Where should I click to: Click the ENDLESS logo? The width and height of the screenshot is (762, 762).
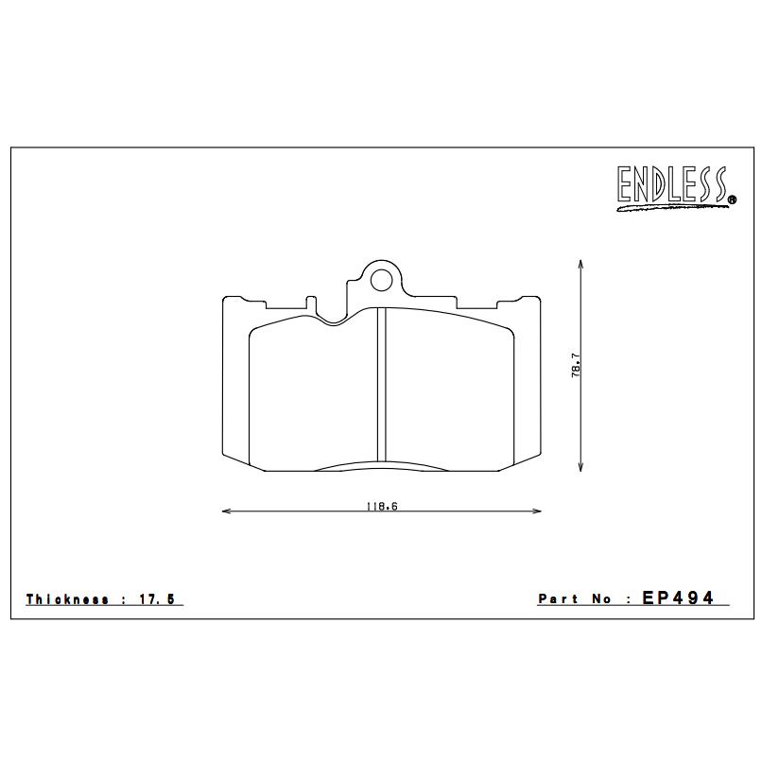point(674,187)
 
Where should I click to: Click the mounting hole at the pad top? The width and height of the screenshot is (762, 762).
point(380,280)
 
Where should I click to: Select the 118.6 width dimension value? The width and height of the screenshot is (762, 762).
point(381,506)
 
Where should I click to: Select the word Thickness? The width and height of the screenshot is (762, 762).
point(67,599)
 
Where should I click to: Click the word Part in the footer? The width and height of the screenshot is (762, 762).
point(558,599)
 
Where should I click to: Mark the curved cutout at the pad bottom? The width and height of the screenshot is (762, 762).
point(381,465)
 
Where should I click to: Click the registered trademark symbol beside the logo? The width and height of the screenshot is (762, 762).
point(733,199)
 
